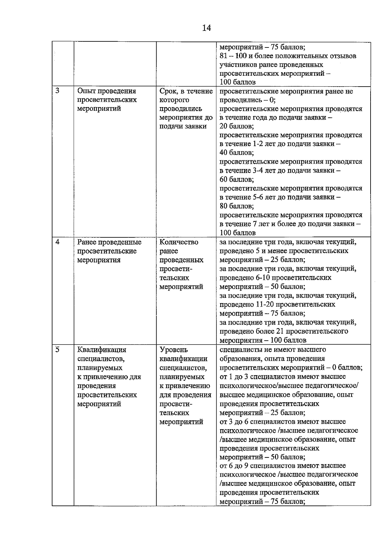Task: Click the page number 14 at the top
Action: (207, 28)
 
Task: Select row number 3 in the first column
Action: (57, 91)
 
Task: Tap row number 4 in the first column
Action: (57, 242)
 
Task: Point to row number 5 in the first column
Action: (57, 349)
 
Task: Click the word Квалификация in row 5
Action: (102, 350)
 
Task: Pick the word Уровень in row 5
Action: (174, 350)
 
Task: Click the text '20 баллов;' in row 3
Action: (237, 126)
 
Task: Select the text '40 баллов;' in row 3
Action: (237, 153)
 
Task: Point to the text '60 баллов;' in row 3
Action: (237, 179)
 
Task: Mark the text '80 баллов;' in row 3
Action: (237, 206)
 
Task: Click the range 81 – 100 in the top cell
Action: (233, 56)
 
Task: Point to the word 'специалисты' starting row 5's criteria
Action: (239, 350)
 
